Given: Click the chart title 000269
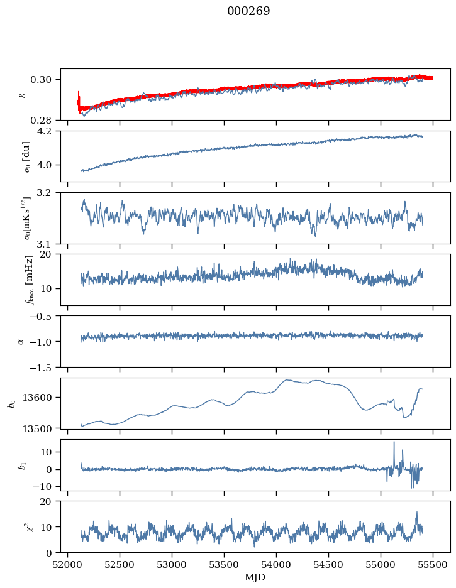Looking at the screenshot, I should click(248, 11).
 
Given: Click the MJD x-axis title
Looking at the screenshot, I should click(255, 577).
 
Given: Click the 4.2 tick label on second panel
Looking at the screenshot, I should click(50, 131).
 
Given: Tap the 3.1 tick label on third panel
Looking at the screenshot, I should click(50, 243).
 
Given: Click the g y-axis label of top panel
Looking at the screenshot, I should click(21, 94).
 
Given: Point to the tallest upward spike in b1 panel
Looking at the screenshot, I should click(394, 442).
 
